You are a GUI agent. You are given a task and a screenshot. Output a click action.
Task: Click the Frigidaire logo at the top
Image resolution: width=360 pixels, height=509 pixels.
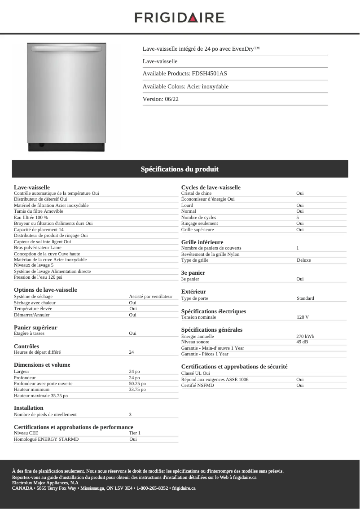pos(180,18)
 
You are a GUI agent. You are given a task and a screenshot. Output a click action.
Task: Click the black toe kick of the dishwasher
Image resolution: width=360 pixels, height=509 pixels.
pos(66,147)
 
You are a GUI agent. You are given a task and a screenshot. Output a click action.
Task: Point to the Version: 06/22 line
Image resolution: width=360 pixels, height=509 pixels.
pos(161,99)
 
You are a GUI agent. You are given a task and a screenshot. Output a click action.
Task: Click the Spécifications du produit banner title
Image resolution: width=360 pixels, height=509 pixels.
pos(180,169)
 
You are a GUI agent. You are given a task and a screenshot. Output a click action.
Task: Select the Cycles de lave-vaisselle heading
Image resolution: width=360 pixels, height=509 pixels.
pos(211,187)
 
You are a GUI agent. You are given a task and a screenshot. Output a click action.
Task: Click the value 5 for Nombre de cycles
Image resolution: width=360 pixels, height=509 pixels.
pos(298,217)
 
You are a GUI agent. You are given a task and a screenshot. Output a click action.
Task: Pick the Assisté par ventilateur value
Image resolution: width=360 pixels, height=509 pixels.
pos(150,296)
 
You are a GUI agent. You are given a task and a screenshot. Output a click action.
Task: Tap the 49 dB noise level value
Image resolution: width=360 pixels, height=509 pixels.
pos(302,342)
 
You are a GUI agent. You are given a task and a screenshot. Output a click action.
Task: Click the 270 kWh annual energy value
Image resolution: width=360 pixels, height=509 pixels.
pos(305,336)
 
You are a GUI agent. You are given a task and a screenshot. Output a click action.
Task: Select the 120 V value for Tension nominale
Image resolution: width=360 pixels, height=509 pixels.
pos(303,317)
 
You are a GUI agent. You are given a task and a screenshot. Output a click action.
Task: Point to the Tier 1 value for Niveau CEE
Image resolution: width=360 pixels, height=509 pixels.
pos(135,433)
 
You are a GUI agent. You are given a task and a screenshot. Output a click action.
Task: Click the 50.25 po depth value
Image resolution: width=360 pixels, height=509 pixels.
pos(137,384)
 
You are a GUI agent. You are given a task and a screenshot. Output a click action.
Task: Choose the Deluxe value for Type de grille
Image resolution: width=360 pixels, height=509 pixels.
pos(303,260)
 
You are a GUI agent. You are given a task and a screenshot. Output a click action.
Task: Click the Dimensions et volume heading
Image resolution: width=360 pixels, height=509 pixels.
pos(42,365)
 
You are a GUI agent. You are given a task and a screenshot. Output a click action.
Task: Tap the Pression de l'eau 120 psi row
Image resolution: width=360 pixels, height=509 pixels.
pos(38,277)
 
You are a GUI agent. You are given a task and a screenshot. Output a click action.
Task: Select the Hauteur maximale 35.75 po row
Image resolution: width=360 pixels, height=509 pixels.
pos(41,396)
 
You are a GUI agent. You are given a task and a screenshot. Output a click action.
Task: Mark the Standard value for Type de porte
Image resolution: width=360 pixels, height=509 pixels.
pos(305,298)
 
